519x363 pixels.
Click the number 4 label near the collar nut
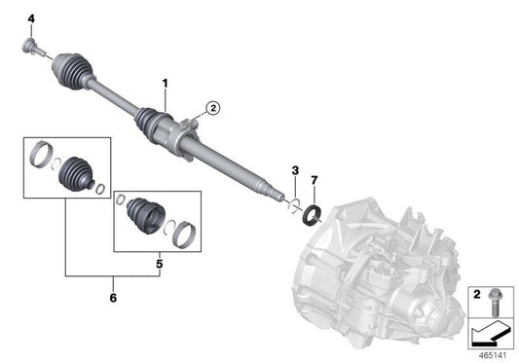[29, 19]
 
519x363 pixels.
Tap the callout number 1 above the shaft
[166, 85]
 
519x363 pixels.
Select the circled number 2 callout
[213, 108]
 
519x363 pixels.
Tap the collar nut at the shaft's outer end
[30, 46]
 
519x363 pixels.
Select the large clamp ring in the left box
[44, 153]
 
